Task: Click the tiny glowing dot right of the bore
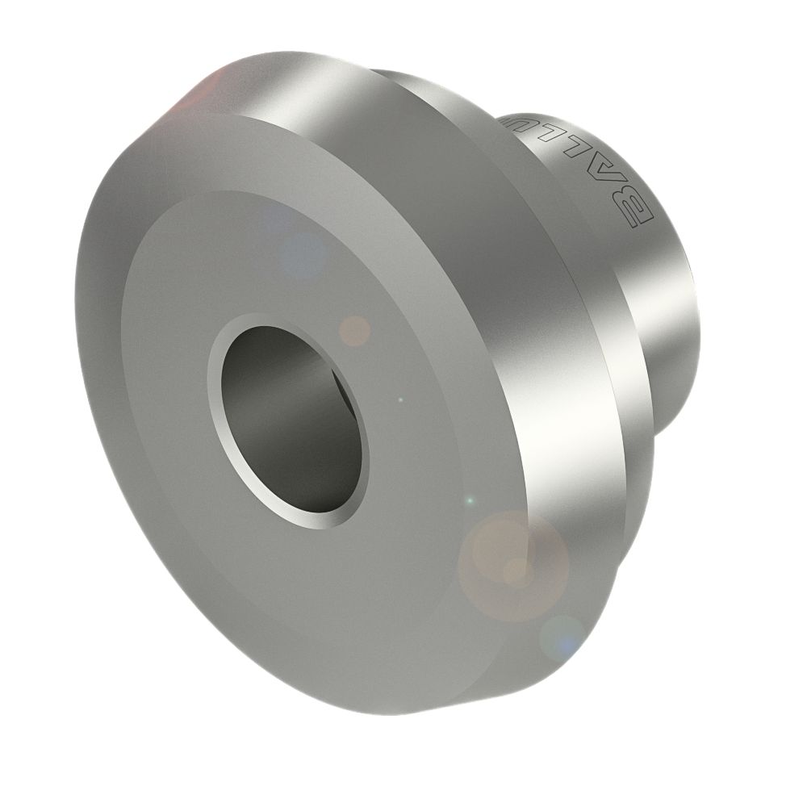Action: pyautogui.click(x=401, y=399)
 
